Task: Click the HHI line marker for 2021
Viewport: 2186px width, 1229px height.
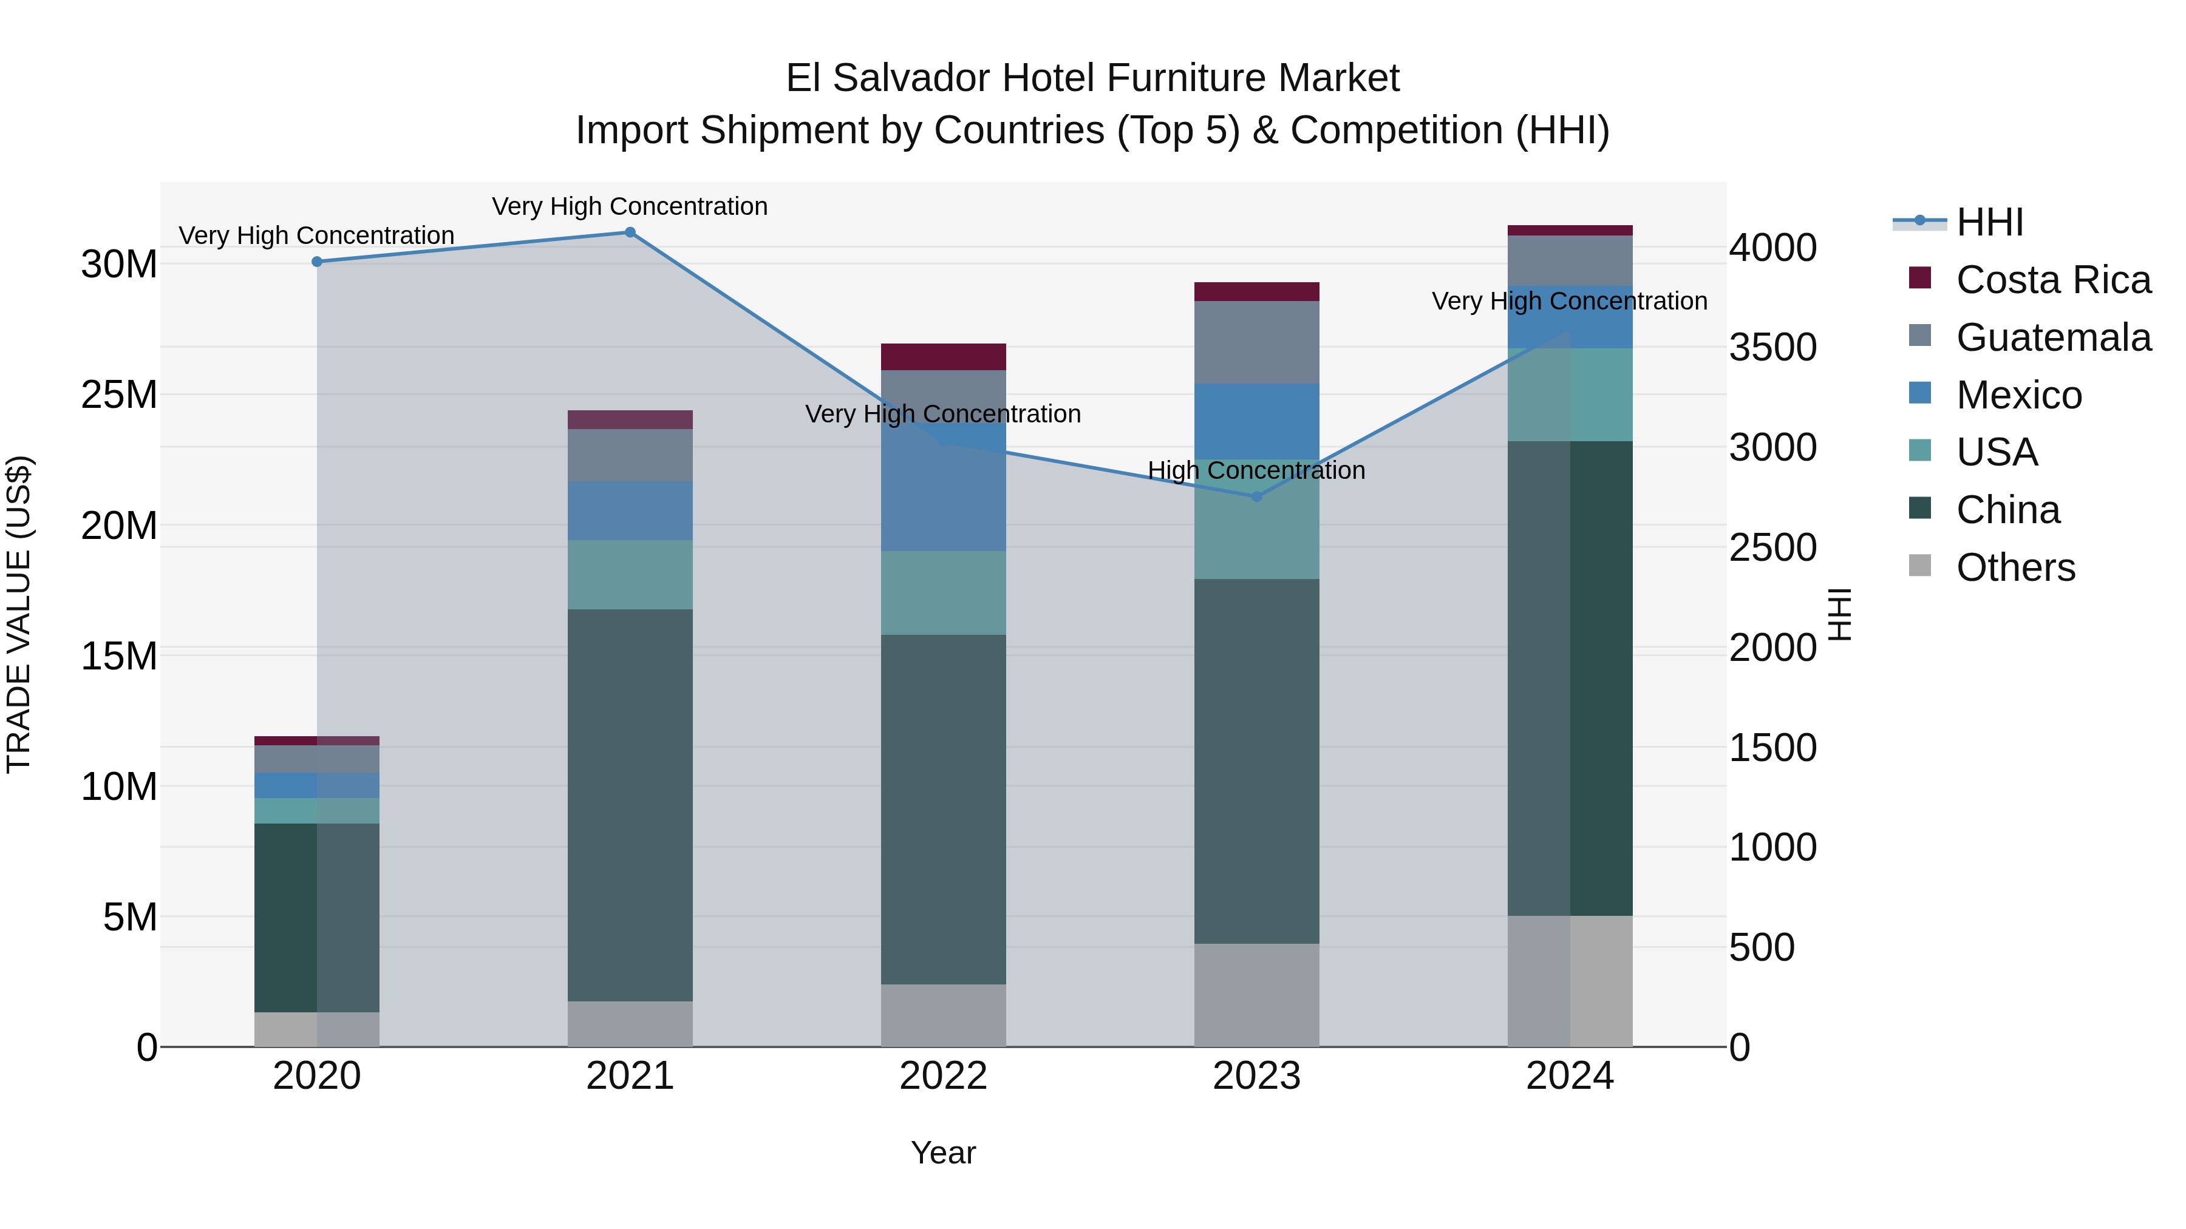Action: [x=630, y=232]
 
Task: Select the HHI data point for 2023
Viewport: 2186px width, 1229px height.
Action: [x=1257, y=497]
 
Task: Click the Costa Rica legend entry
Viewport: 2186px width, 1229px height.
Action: [x=2053, y=280]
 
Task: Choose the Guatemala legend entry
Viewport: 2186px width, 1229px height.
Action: [x=2053, y=337]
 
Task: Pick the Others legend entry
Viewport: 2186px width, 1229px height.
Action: [x=2015, y=567]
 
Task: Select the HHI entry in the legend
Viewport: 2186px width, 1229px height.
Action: [x=1989, y=222]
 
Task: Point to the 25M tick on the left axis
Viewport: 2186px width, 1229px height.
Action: [x=119, y=394]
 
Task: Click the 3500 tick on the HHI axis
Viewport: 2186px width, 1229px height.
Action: [x=1772, y=348]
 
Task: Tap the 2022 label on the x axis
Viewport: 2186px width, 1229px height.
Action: [x=943, y=1076]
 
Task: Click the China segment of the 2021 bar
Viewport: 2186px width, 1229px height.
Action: [x=630, y=806]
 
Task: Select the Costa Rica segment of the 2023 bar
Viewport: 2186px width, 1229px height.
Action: [x=1257, y=292]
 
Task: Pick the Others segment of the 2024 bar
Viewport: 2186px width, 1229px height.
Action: [x=1570, y=981]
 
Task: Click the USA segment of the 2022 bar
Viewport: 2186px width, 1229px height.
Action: [x=943, y=593]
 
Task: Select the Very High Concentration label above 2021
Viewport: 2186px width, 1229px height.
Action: [x=630, y=206]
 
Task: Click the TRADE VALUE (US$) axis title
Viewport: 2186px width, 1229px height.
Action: [x=19, y=614]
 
